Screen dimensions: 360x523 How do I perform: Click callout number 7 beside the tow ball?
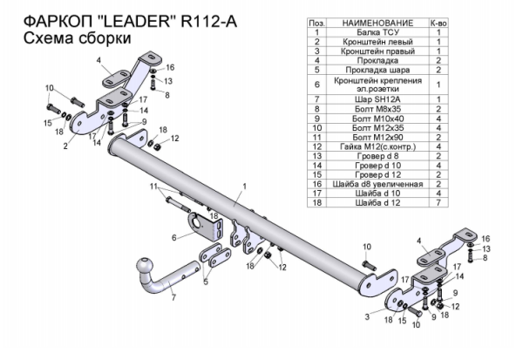(173, 298)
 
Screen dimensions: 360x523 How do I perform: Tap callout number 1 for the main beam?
(246, 186)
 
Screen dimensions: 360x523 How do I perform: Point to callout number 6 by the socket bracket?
(174, 236)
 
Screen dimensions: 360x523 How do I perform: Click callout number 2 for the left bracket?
(65, 146)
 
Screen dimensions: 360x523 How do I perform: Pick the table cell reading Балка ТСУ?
(377, 31)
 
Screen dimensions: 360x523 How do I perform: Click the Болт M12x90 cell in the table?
(377, 137)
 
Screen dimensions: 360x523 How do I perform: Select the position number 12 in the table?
(317, 146)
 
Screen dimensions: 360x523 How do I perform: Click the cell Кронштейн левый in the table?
(377, 41)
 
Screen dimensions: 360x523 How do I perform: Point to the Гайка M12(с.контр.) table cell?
(377, 146)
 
